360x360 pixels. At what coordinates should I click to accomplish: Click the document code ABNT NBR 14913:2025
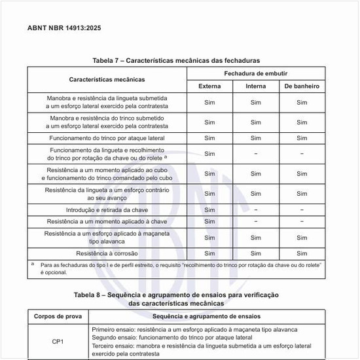(x=64, y=28)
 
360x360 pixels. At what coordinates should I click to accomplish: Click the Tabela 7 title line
(x=180, y=60)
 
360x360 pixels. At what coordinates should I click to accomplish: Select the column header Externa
(x=209, y=86)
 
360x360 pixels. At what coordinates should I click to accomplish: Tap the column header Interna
(x=255, y=86)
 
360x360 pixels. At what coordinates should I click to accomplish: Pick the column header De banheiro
(x=302, y=86)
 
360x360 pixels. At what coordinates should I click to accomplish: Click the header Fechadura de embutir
(x=255, y=73)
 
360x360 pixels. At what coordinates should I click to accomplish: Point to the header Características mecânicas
(x=107, y=79)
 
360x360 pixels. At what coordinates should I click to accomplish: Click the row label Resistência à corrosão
(x=107, y=253)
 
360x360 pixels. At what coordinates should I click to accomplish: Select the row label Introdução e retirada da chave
(x=107, y=210)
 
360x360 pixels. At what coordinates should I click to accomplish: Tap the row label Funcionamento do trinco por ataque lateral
(x=107, y=138)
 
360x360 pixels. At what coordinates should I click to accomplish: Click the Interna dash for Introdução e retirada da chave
(x=255, y=210)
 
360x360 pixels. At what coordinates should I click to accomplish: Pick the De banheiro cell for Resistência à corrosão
(x=302, y=253)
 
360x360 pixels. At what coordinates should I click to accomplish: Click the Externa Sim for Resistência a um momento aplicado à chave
(x=209, y=222)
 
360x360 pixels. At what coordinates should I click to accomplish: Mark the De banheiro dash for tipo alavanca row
(x=302, y=237)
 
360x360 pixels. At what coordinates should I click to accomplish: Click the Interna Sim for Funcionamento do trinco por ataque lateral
(x=255, y=138)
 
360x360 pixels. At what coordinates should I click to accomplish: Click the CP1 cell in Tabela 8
(x=58, y=341)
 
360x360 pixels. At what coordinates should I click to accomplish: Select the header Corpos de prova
(x=58, y=316)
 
